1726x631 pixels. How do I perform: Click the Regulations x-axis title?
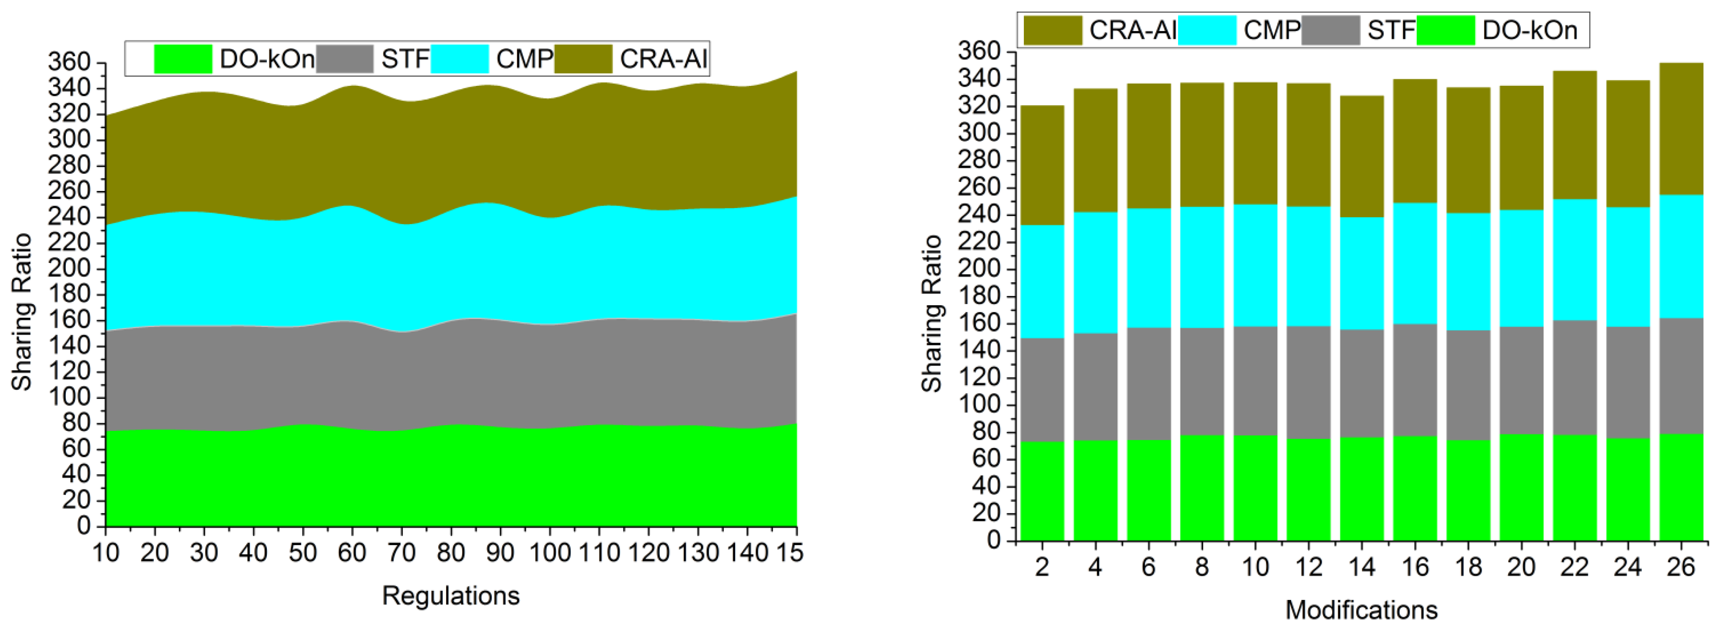450,595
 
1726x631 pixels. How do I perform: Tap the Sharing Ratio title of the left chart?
22,312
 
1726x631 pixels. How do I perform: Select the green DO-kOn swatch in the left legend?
183,59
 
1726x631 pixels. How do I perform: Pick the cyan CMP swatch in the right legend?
1206,30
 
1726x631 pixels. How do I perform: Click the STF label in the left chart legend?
405,59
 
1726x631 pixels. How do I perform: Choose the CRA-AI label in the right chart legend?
1132,30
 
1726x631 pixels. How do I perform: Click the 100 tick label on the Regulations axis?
549,553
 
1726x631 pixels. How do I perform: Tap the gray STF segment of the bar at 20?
1521,381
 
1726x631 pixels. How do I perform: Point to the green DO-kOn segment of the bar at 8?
1201,488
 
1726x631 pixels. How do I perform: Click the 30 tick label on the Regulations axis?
204,553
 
